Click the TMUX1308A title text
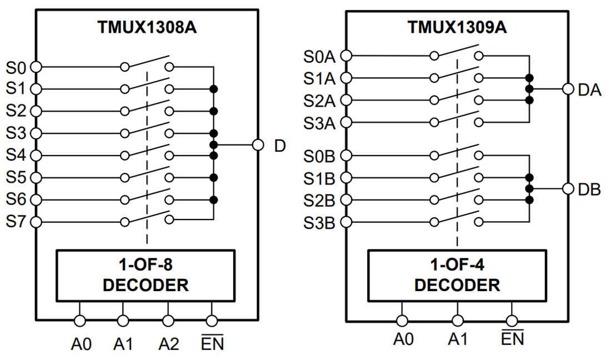pyautogui.click(x=147, y=27)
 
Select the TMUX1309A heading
pyautogui.click(x=457, y=27)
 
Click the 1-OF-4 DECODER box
pyautogui.click(x=457, y=275)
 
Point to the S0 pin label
pyautogui.click(x=16, y=68)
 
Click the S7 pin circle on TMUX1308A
pyautogui.click(x=36, y=222)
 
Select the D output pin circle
pyautogui.click(x=258, y=144)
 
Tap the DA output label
pyautogui.click(x=589, y=90)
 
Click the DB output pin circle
pyautogui.click(x=568, y=189)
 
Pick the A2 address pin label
pyautogui.click(x=168, y=344)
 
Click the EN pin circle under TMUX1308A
pyautogui.click(x=212, y=321)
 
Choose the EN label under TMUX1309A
pyautogui.click(x=512, y=338)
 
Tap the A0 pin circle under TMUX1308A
pyautogui.click(x=80, y=321)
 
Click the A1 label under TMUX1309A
pyautogui.click(x=458, y=338)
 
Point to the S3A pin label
pyautogui.click(x=319, y=123)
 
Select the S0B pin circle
pyautogui.click(x=346, y=156)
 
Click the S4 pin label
pyautogui.click(x=16, y=155)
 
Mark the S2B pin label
pyautogui.click(x=319, y=201)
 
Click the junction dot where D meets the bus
pyautogui.click(x=213, y=144)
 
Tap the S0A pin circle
pyautogui.click(x=346, y=56)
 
